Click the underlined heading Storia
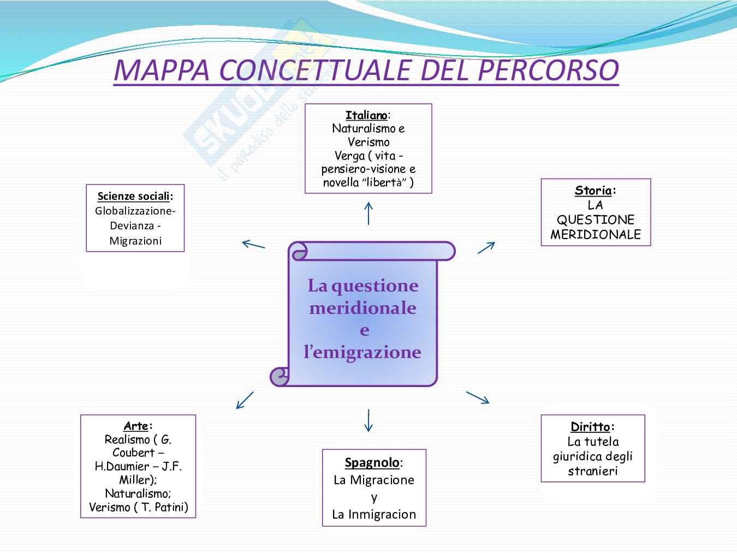point(593,191)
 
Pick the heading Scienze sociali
point(134,196)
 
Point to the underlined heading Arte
point(136,426)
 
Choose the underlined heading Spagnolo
point(372,462)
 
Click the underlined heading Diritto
point(590,426)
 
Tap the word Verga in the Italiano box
point(349,156)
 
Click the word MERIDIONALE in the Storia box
point(596,235)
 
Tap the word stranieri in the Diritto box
point(593,471)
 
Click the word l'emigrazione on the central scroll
point(362,352)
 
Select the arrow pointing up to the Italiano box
point(368,213)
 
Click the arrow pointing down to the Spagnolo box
point(368,420)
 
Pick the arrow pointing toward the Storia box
point(486,247)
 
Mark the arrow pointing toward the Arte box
point(245,400)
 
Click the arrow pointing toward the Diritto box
point(478,397)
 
